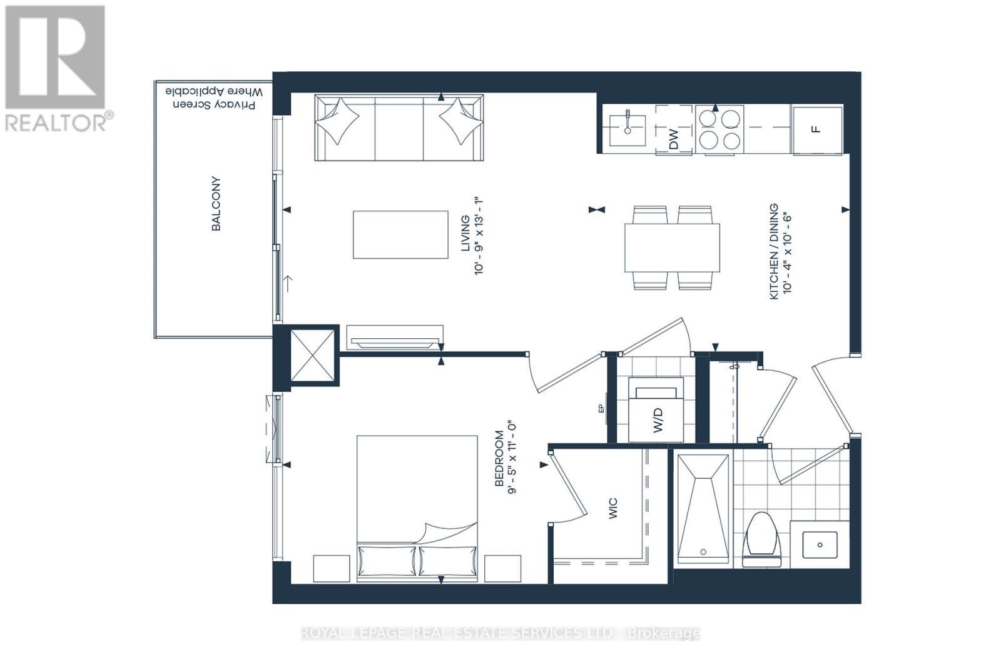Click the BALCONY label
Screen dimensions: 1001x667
pos(216,204)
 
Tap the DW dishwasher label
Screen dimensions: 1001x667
pos(673,139)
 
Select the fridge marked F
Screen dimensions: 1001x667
pos(817,129)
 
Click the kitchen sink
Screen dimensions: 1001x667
pos(628,130)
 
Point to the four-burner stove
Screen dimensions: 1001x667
pos(719,129)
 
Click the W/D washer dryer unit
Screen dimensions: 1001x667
pos(656,409)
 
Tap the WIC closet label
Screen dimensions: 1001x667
pos(613,508)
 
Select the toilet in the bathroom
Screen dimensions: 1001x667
pos(761,539)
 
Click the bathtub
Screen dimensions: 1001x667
pos(703,509)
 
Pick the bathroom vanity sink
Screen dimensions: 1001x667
pos(820,544)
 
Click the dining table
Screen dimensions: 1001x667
pos(672,248)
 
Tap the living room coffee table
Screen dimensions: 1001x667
pos(400,234)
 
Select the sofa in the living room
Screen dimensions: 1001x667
pos(399,128)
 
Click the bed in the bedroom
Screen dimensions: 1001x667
pos(417,508)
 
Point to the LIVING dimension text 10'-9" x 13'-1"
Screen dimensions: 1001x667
pos(479,236)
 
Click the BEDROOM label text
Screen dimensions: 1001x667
pos(499,458)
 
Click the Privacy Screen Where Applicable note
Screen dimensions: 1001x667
pos(214,98)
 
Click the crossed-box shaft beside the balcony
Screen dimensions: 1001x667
pos(312,355)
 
